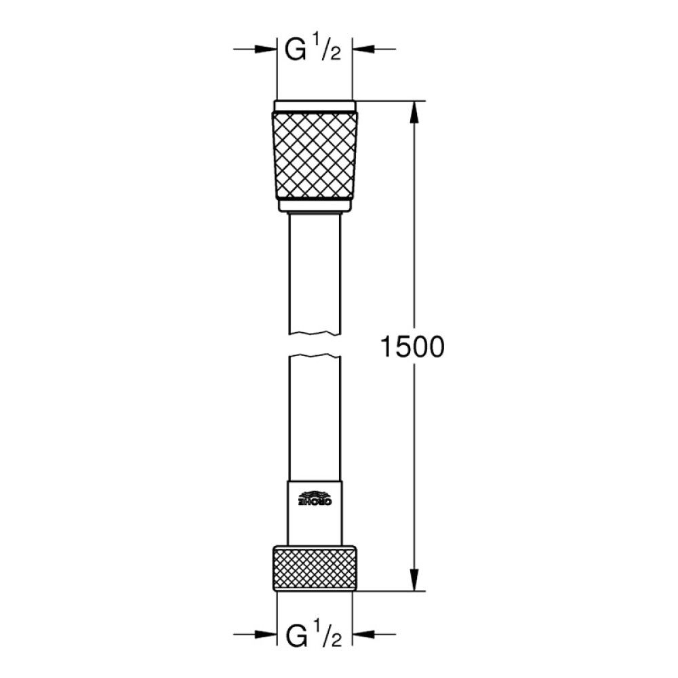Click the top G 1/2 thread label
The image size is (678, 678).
pyautogui.click(x=313, y=52)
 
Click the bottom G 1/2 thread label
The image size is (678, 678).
pyautogui.click(x=313, y=637)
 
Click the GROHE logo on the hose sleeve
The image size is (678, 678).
pyautogui.click(x=314, y=498)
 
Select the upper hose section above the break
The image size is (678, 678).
pyautogui.click(x=314, y=271)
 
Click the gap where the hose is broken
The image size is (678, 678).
pyautogui.click(x=314, y=344)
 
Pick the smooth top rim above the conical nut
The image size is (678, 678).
pyautogui.click(x=314, y=106)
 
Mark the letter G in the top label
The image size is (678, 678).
pyautogui.click(x=293, y=52)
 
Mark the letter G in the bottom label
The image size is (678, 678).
pyautogui.click(x=293, y=637)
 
